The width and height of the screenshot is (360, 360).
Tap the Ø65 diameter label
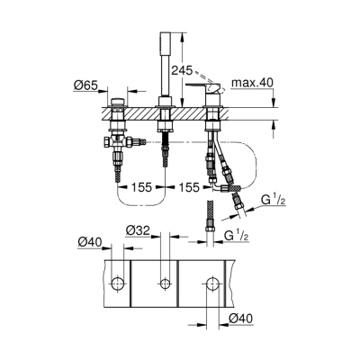click(85, 88)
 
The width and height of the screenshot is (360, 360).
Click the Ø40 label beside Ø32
click(86, 242)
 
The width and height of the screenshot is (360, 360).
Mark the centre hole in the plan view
click(164, 284)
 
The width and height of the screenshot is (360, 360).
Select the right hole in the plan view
click(212, 284)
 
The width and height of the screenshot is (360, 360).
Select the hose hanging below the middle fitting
click(164, 144)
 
